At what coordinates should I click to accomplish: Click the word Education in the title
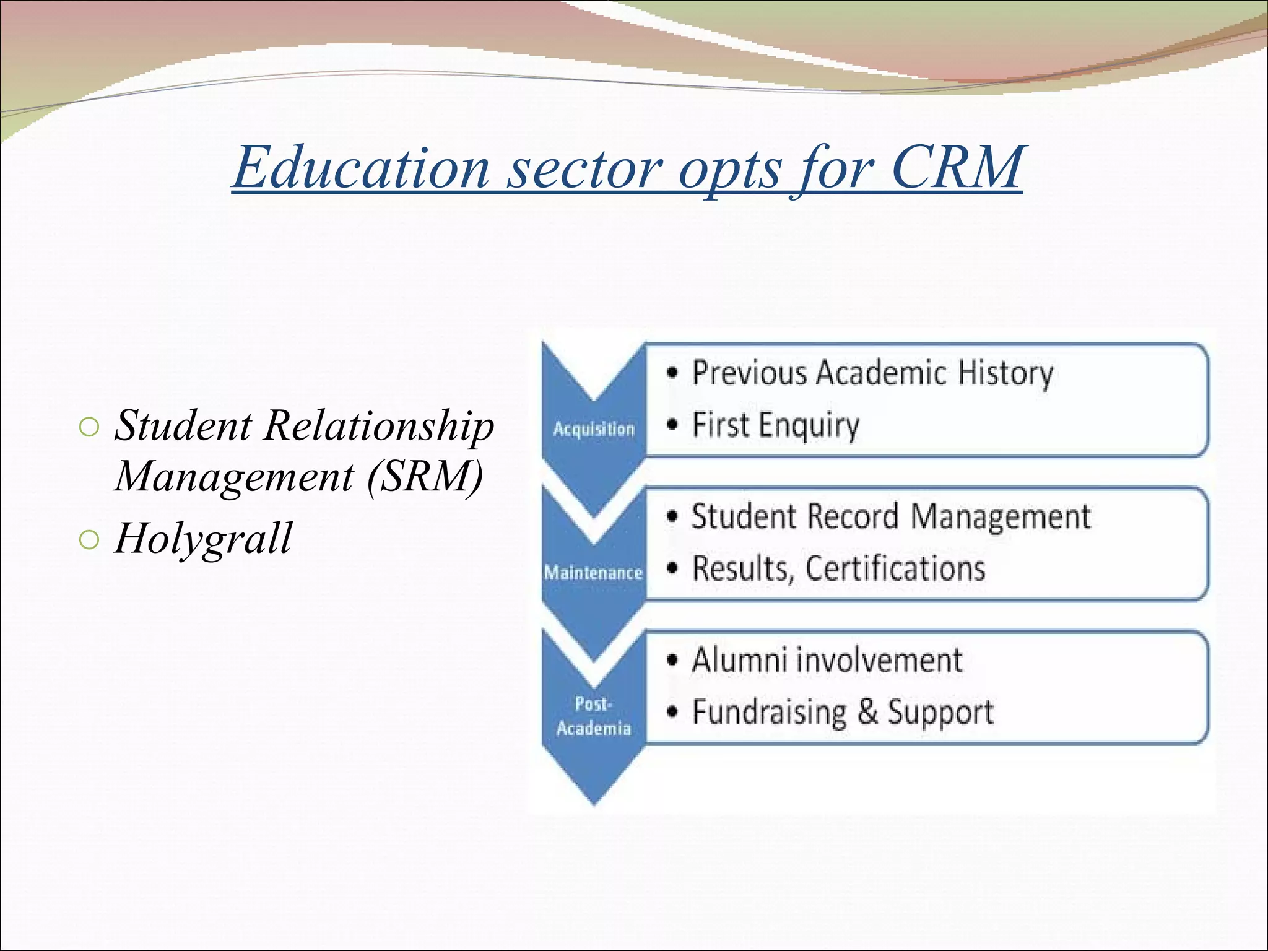362,168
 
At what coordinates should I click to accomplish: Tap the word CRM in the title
957,167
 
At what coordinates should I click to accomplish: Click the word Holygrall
203,539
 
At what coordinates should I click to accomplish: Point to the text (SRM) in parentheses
425,477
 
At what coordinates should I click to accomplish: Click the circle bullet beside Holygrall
89,540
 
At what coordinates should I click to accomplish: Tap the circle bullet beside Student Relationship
89,427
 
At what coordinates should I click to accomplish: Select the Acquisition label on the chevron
594,429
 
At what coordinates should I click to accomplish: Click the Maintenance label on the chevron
593,573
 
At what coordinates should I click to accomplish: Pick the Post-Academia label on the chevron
593,716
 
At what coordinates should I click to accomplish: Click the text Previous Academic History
872,374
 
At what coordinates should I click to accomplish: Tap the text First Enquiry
776,426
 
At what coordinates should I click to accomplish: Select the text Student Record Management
891,518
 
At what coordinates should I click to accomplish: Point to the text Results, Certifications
838,569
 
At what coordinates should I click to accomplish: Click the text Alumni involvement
827,661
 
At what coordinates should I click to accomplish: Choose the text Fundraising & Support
843,713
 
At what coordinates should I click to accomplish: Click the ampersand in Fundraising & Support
868,711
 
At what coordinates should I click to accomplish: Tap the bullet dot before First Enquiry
672,425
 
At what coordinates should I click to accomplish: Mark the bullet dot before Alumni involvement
672,661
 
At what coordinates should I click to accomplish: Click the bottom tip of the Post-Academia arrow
594,803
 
